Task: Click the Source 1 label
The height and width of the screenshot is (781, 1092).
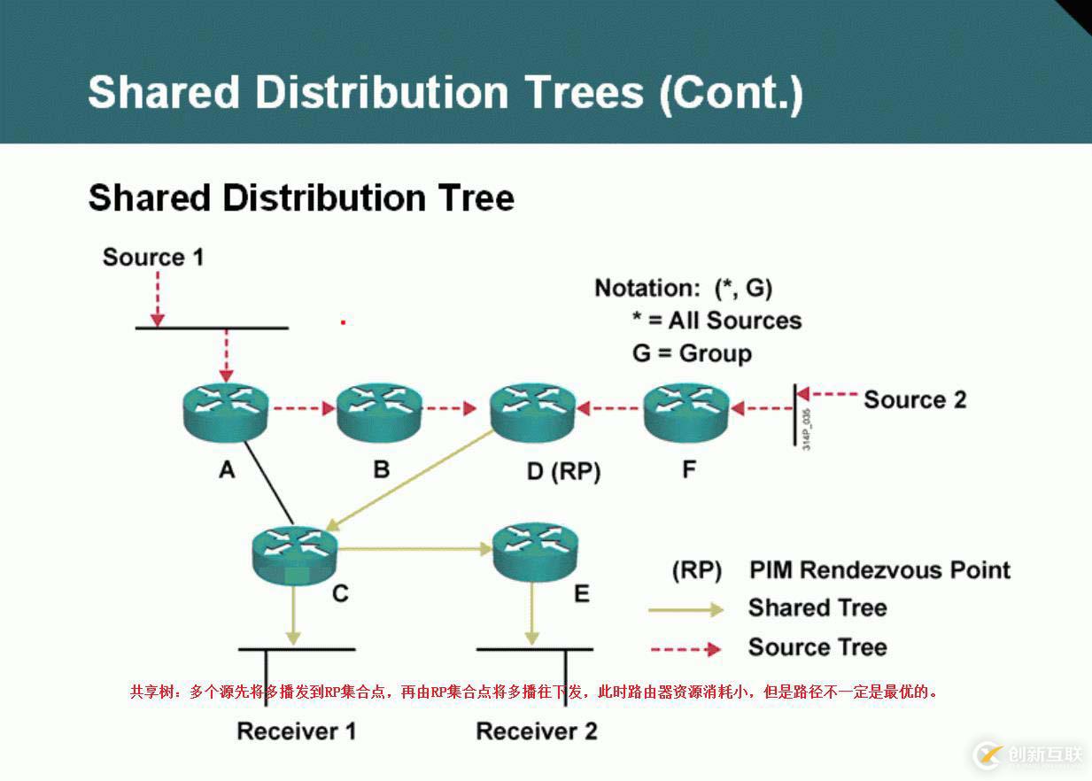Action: [153, 258]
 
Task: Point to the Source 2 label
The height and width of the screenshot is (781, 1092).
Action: [915, 400]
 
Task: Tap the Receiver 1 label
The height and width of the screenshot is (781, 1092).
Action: [297, 731]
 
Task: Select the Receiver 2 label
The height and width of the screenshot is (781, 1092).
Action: [537, 731]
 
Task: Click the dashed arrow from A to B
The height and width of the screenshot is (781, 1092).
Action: [303, 409]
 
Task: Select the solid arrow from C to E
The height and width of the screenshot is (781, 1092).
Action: [414, 550]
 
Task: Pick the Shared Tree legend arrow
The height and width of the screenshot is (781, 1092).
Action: [685, 609]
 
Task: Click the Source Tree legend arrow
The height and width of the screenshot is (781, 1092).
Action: [685, 649]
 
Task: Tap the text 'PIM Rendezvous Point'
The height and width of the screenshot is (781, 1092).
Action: [879, 569]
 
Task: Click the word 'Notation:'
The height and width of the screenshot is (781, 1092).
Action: [647, 288]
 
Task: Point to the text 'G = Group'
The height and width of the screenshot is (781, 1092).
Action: [692, 353]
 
